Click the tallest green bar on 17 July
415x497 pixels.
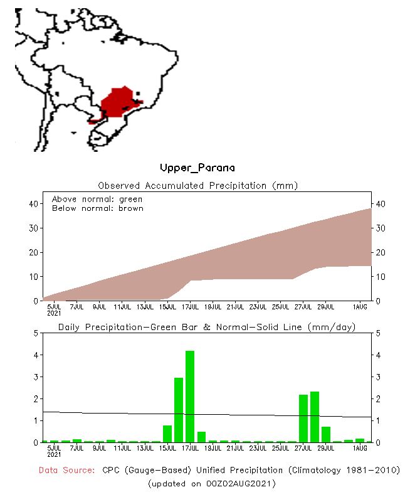190,397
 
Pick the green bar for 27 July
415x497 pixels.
303,418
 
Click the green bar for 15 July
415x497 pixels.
167,434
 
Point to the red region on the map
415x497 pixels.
118,101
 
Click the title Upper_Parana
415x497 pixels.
197,168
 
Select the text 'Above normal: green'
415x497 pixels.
97,199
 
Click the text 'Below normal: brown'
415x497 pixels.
97,208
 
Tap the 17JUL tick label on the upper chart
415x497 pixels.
191,306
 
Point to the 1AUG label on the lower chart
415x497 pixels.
360,447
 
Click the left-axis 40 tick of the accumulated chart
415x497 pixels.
34,204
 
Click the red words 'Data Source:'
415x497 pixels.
66,470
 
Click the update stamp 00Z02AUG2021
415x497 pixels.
234,484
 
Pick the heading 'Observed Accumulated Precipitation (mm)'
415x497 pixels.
197,186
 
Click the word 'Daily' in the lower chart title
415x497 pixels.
70,328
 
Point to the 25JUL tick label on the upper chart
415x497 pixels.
281,306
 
